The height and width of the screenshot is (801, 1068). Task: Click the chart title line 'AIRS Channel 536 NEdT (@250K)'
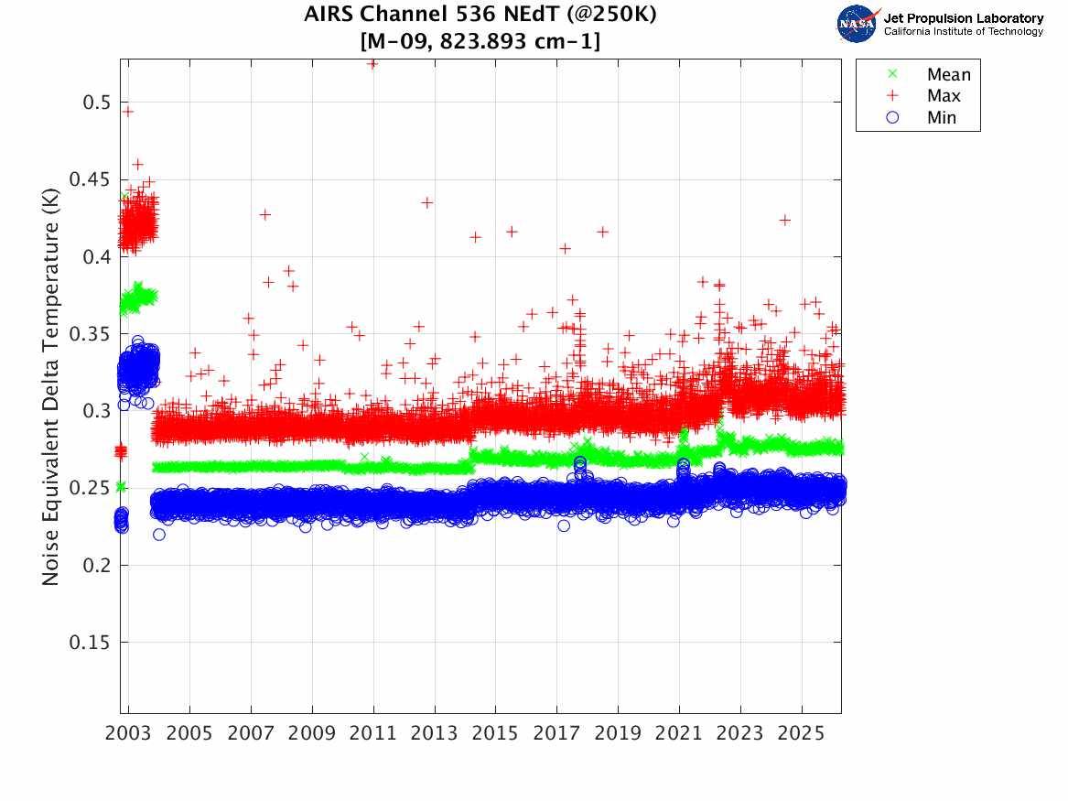tap(480, 14)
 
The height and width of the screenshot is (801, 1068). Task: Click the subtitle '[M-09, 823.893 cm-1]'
tap(480, 41)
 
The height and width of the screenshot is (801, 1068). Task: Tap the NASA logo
tap(858, 23)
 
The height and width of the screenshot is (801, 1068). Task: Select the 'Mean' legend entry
tap(931, 74)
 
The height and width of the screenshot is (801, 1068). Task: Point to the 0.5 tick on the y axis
tap(96, 103)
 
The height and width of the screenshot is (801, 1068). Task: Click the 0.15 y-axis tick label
tap(89, 643)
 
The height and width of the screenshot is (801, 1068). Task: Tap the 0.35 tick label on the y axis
tap(89, 334)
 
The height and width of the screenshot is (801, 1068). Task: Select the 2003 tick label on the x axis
tap(128, 733)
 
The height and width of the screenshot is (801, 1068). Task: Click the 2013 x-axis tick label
tap(434, 733)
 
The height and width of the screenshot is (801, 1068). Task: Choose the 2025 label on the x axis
tap(801, 733)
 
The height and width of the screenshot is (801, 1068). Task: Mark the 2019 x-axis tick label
tap(618, 733)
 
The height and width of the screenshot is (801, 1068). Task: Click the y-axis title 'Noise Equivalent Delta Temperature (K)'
tap(50, 387)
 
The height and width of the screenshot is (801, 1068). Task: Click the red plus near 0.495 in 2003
tap(127, 112)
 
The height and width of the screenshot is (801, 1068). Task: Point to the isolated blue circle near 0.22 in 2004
tap(159, 535)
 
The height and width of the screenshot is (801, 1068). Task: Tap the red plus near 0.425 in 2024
tap(785, 220)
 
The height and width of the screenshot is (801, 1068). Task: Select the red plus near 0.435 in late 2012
tap(427, 202)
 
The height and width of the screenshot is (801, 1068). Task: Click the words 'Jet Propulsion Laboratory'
tap(963, 18)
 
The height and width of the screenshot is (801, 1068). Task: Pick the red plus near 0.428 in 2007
tap(265, 214)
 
